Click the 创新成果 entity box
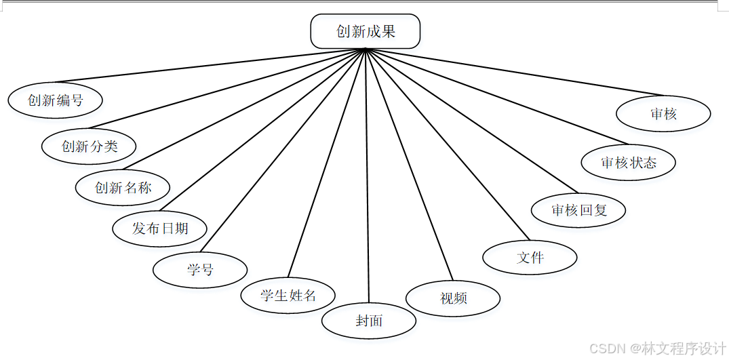(366, 31)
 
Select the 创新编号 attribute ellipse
(56, 100)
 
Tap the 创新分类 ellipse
(89, 146)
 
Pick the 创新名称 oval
(123, 188)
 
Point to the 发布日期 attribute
(160, 228)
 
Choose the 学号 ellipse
(200, 270)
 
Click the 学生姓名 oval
(288, 295)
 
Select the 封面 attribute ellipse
(369, 321)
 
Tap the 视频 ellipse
(453, 298)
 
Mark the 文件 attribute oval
(530, 258)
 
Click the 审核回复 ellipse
(578, 210)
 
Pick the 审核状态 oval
(629, 163)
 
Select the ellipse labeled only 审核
(663, 114)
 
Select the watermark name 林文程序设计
(684, 348)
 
